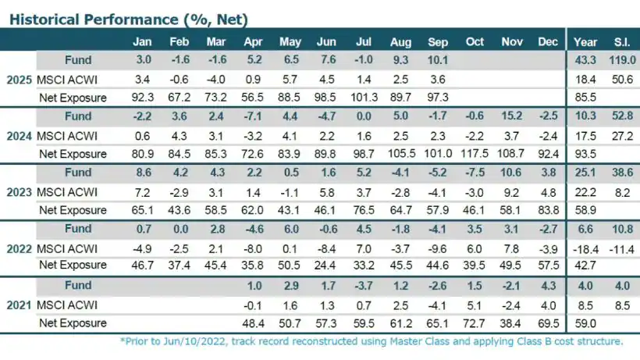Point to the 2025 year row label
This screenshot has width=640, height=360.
click(19, 79)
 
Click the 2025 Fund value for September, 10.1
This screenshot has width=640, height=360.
click(439, 60)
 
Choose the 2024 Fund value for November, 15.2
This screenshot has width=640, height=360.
click(511, 116)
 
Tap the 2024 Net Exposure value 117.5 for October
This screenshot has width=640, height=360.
click(475, 154)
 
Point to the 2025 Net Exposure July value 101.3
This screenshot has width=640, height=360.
click(364, 98)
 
